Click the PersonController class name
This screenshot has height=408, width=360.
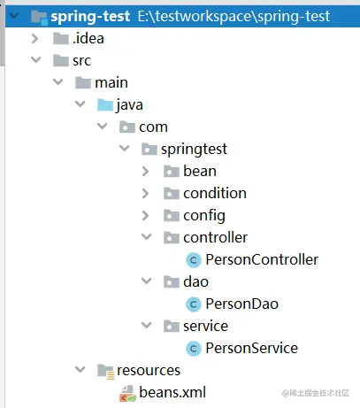point(262,259)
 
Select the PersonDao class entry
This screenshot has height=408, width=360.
point(241,304)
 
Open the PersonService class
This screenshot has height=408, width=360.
point(252,348)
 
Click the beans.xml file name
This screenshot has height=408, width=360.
point(172,392)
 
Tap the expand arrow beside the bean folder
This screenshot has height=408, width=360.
point(145,171)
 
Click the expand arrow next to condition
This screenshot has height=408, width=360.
point(145,193)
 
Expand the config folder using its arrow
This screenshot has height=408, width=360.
point(145,215)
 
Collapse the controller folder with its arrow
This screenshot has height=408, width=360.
point(147,237)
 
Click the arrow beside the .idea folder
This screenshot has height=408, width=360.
point(34,38)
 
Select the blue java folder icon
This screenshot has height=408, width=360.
point(105,105)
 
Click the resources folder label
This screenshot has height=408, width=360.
point(149,370)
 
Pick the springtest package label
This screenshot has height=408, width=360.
point(194,150)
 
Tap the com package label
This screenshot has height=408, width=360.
point(153,127)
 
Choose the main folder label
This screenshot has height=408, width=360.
point(111,82)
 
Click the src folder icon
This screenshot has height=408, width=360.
point(61,60)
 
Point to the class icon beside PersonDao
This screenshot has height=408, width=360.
point(194,304)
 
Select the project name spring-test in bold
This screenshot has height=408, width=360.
point(90,16)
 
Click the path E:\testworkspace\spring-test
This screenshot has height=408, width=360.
point(234,16)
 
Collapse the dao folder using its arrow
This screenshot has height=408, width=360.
point(147,281)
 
